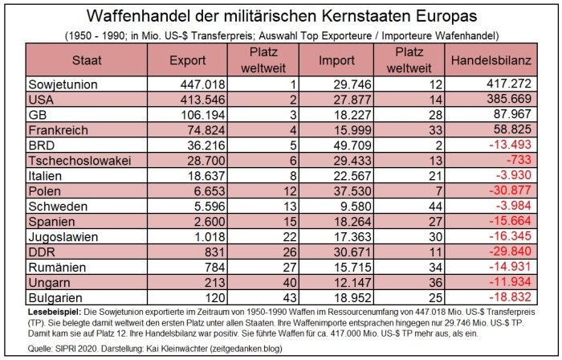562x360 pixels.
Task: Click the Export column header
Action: pos(188,60)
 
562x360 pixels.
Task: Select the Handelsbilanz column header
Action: pos(487,60)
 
